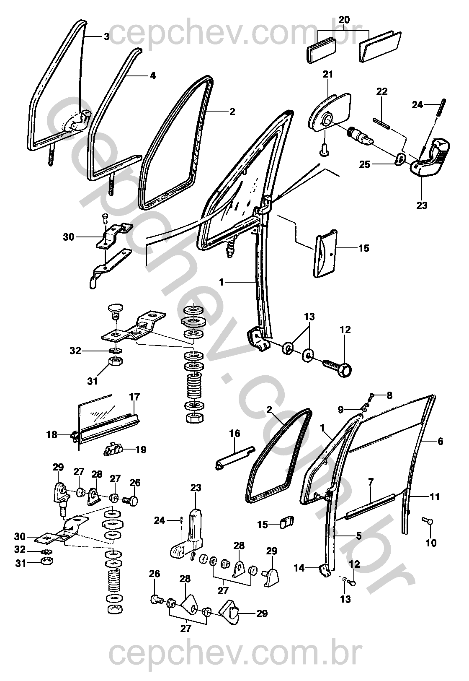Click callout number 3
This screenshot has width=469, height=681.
106,37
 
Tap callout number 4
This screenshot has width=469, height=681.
153,75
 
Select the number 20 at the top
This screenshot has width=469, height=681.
344,20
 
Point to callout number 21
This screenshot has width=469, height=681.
327,75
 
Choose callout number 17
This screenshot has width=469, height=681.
134,397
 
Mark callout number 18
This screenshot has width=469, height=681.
52,435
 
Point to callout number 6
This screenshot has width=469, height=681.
440,441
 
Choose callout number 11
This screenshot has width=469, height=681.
435,497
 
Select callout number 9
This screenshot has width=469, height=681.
340,410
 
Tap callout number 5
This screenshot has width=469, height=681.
359,536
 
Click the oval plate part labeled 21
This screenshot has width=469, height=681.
330,112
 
